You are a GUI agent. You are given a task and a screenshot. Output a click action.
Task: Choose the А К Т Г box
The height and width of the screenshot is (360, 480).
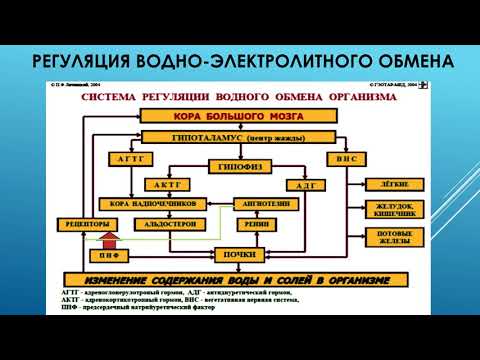pos(168,185)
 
